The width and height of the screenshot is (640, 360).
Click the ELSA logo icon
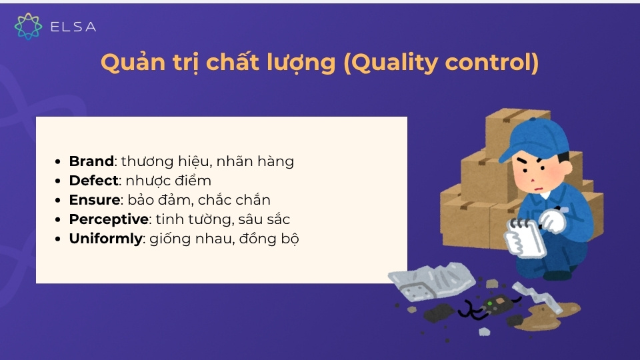pos(28,26)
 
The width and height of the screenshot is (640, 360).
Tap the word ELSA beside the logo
pos(73,27)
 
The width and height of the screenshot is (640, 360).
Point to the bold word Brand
pos(91,161)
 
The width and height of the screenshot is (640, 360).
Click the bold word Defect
pos(93,181)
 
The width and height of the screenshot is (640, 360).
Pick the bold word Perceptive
pos(109,219)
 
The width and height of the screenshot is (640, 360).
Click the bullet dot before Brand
pos(60,162)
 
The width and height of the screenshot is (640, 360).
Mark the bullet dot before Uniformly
pos(60,239)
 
